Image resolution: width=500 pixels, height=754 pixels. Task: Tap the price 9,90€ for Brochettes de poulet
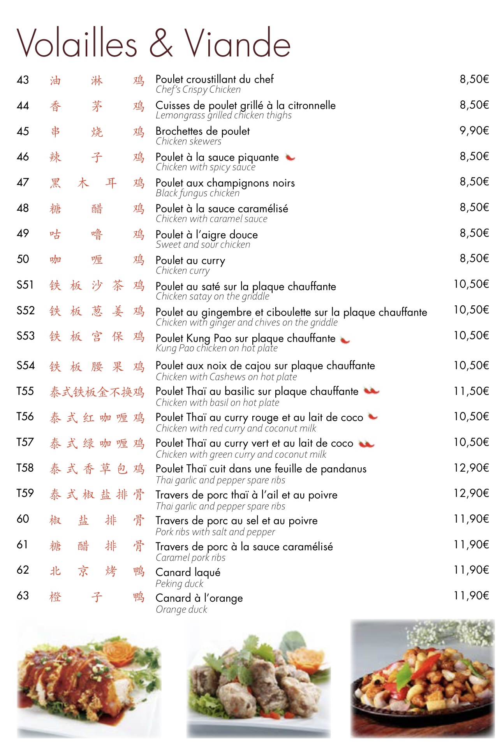[474, 130]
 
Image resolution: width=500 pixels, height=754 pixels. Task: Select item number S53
[25, 336]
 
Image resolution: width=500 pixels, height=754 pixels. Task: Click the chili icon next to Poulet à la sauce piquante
[290, 157]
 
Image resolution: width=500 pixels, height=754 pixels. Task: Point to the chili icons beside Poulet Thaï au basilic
[371, 391]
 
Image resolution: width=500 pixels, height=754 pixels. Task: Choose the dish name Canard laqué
[188, 572]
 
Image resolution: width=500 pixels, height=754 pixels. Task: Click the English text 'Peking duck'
[179, 583]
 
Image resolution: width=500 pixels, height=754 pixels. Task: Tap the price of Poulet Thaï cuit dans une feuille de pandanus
[471, 468]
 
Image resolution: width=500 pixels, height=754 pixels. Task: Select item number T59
[25, 493]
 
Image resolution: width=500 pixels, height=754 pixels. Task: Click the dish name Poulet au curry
[190, 261]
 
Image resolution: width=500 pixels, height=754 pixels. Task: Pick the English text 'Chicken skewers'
[188, 141]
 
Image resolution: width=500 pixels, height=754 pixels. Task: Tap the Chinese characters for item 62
[97, 571]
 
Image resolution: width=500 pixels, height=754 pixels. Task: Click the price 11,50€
[471, 391]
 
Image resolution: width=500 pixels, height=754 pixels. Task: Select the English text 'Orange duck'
[181, 610]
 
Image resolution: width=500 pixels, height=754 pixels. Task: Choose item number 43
[23, 80]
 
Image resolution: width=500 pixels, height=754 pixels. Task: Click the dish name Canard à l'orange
[199, 598]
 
